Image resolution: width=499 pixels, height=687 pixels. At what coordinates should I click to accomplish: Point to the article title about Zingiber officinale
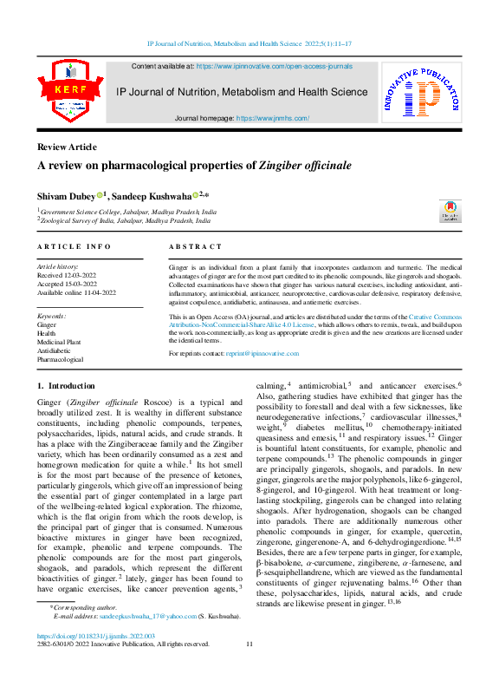click(204, 165)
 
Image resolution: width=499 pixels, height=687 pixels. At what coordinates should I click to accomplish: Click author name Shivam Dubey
click(67, 196)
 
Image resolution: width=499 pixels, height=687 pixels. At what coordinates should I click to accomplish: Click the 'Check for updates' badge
click(448, 211)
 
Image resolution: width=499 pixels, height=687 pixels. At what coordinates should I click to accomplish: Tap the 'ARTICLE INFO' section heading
click(74, 247)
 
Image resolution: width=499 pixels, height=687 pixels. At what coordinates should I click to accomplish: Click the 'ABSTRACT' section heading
click(195, 247)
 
